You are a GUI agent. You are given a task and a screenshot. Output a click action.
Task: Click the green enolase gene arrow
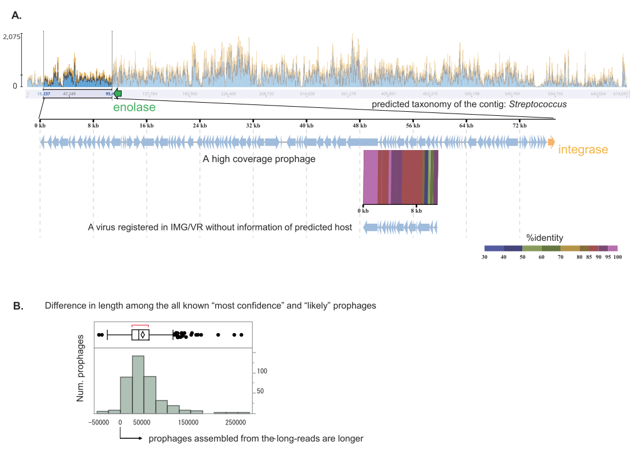click(x=118, y=94)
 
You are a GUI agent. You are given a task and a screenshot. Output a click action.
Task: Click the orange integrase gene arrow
click(x=551, y=141)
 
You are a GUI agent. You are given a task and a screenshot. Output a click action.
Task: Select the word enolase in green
click(x=134, y=107)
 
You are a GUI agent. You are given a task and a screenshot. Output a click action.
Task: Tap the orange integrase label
click(x=583, y=149)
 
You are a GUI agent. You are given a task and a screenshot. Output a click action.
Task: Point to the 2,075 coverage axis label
click(x=11, y=37)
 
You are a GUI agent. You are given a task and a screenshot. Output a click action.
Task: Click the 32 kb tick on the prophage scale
click(x=253, y=125)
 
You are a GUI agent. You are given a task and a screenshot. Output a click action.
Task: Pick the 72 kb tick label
click(x=519, y=125)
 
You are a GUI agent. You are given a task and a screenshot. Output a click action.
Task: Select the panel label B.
click(x=18, y=306)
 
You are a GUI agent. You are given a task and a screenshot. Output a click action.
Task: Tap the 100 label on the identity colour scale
click(x=617, y=257)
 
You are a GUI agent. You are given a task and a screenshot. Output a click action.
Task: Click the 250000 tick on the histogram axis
click(x=235, y=423)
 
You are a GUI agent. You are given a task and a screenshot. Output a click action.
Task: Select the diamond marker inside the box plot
click(x=143, y=335)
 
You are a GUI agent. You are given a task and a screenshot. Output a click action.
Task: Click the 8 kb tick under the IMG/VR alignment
click(x=416, y=211)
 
